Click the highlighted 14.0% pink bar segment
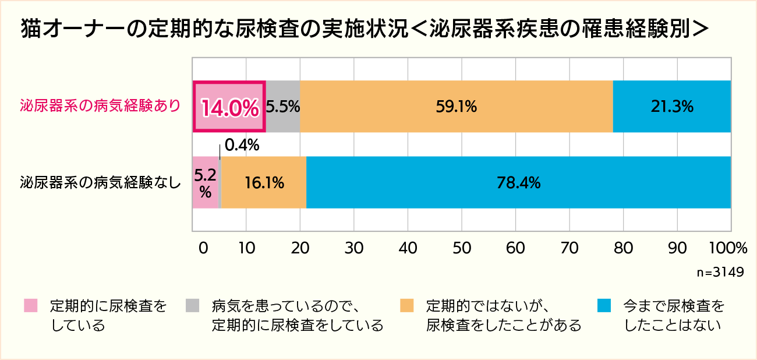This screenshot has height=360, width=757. click(x=229, y=107)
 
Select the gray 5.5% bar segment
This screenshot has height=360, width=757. click(x=283, y=107)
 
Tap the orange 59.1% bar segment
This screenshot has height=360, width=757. click(x=457, y=107)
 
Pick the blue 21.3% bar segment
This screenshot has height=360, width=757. click(x=672, y=107)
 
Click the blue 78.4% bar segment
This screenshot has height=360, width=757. click(x=518, y=182)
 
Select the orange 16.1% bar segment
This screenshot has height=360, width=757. click(x=264, y=182)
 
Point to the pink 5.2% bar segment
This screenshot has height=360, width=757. click(x=205, y=182)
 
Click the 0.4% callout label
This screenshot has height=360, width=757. click(x=241, y=145)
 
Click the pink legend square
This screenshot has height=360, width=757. click(x=31, y=306)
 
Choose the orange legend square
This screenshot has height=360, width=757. click(x=407, y=306)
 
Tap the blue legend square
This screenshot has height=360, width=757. click(x=604, y=306)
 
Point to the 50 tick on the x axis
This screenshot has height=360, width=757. click(x=462, y=248)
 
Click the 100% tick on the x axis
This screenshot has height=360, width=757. click(x=727, y=248)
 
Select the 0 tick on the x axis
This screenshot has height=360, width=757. click(x=203, y=248)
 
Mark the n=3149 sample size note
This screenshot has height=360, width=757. click(x=720, y=273)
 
